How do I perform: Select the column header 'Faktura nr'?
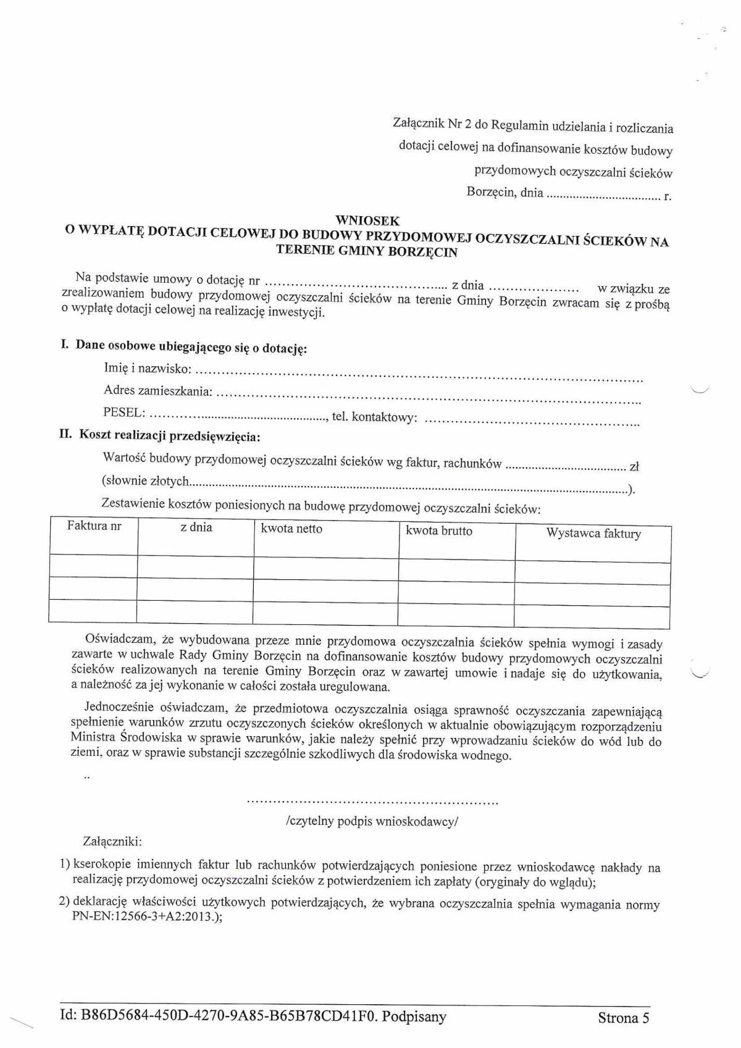coord(94,527)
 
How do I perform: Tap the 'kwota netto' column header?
coord(291,529)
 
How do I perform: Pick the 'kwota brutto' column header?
coord(438,531)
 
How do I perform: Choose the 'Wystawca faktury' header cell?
coord(593,534)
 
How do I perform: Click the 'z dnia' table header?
coord(196,527)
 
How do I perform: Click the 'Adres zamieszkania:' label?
coord(159,391)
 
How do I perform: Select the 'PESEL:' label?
coord(125,412)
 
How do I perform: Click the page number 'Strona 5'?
coord(623,1018)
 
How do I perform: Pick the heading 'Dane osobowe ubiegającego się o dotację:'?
coord(191,348)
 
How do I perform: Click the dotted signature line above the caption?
coord(372,803)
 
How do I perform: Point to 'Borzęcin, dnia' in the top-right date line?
coord(504,193)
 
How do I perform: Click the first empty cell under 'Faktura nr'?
coord(93,566)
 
